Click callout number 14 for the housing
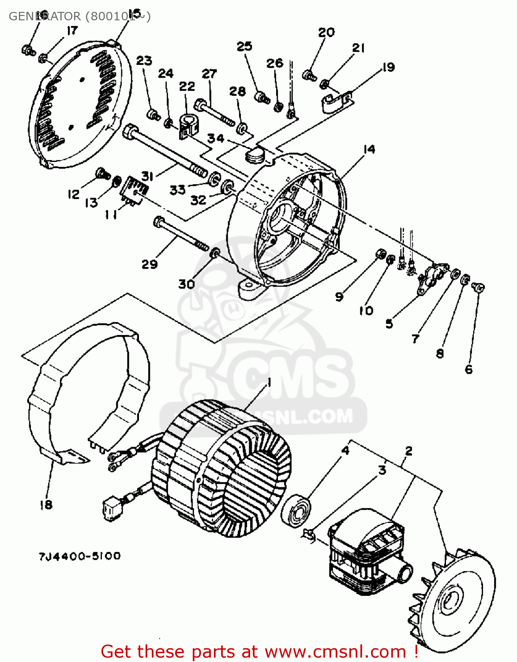pyautogui.click(x=369, y=150)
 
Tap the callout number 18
pyautogui.click(x=46, y=504)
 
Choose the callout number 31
pyautogui.click(x=147, y=176)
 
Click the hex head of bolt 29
pyautogui.click(x=159, y=221)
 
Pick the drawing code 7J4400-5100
pyautogui.click(x=79, y=556)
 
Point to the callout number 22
pyautogui.click(x=187, y=86)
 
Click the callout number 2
pyautogui.click(x=409, y=451)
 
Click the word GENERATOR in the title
pyautogui.click(x=45, y=16)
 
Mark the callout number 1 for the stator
pyautogui.click(x=269, y=382)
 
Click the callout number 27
pyautogui.click(x=210, y=74)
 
